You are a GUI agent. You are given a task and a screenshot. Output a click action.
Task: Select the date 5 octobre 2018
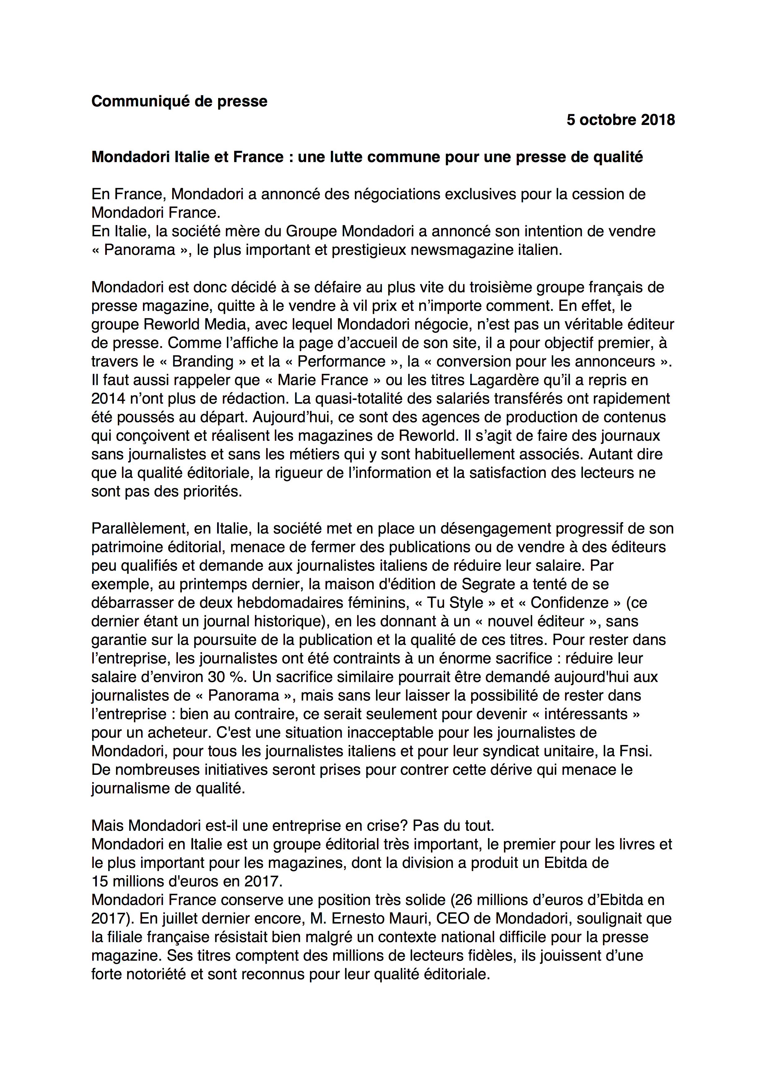(621, 120)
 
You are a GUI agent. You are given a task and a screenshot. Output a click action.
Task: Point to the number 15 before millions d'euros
(100, 881)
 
